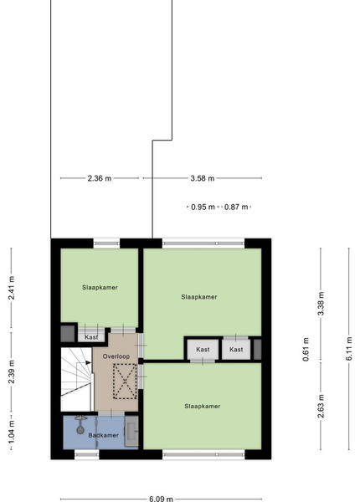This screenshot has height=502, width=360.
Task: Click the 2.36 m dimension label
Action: point(100,178)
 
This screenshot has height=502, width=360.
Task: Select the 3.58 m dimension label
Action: point(203,178)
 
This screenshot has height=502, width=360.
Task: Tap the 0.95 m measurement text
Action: point(203,207)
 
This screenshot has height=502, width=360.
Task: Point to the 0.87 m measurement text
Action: point(236,207)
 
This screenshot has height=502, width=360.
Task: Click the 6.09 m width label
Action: point(161,499)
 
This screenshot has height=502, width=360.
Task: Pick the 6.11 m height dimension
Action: point(349,349)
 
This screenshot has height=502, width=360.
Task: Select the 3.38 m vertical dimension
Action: point(321,304)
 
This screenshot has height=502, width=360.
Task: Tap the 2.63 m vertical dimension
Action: point(321,407)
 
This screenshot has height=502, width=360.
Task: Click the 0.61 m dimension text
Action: point(306,349)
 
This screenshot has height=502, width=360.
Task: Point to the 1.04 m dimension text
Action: point(11,433)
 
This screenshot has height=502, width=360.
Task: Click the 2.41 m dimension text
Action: point(11,288)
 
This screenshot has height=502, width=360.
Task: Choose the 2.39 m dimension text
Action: point(11,371)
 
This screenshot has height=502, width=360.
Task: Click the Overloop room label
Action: point(116,356)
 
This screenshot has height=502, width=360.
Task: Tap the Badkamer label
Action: point(104,435)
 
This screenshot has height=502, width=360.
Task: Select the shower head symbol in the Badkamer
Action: point(80,424)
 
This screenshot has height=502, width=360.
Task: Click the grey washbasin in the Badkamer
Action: point(131,431)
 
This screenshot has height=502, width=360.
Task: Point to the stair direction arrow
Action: point(88,362)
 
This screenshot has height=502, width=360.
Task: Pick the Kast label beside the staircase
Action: point(91,337)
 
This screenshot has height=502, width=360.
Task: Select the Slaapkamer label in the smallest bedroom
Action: point(100,288)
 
